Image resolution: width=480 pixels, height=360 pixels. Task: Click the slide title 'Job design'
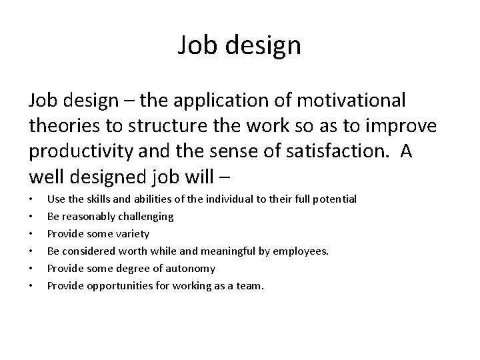[240, 46]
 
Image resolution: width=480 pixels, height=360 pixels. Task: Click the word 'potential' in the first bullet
[334, 199]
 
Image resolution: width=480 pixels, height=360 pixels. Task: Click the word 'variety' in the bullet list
[131, 234]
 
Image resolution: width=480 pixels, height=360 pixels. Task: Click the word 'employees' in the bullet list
[304, 251]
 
